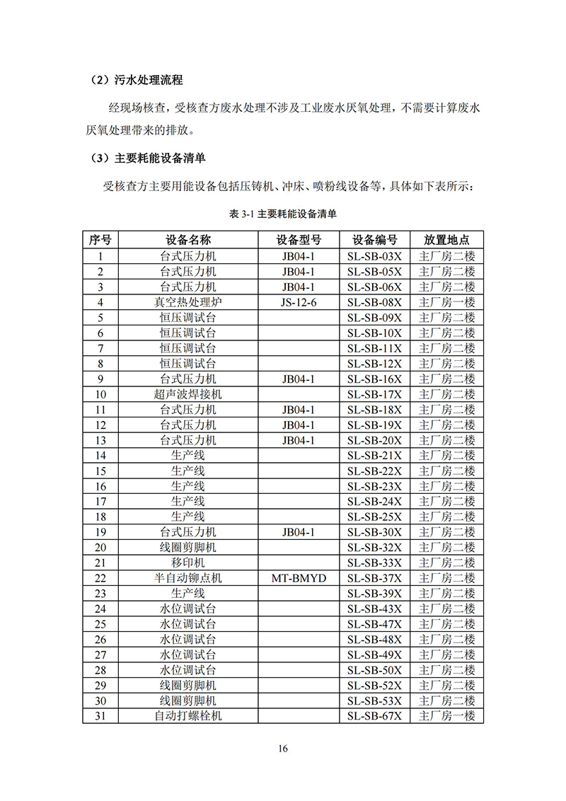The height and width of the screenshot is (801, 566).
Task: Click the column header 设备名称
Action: [187, 240]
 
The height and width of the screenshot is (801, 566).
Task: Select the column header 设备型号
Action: [299, 240]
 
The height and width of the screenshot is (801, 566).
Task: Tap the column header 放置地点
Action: [446, 240]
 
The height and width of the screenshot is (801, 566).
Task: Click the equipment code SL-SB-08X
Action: [374, 302]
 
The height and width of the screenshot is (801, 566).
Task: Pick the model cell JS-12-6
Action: [299, 302]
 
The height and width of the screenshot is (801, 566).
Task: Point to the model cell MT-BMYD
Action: [299, 578]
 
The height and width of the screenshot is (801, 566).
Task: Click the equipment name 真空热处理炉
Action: [187, 302]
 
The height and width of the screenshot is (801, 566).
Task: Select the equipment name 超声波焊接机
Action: [187, 394]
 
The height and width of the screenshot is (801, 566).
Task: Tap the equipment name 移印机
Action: [187, 563]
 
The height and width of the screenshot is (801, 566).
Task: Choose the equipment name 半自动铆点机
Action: [187, 578]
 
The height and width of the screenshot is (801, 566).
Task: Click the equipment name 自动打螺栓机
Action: [187, 716]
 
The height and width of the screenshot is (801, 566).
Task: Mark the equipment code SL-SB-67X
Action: [374, 716]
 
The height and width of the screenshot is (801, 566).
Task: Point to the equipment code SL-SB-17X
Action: [374, 394]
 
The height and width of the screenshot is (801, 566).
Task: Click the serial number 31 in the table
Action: [100, 716]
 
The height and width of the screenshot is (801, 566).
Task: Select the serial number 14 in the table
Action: [100, 456]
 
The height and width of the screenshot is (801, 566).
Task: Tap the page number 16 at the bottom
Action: [283, 749]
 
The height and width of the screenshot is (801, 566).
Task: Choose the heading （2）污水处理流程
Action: [137, 81]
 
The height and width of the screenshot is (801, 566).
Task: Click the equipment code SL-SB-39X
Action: [374, 594]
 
